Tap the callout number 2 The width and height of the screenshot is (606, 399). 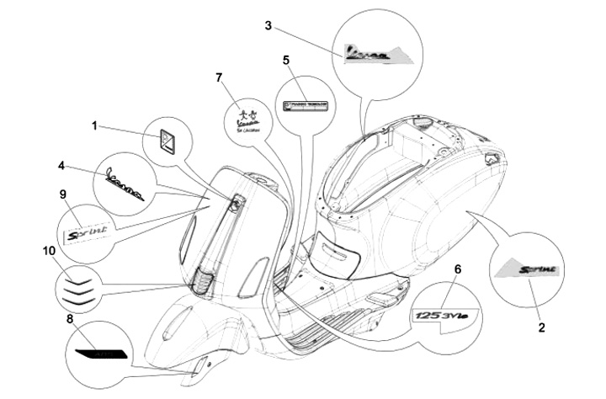(x=541, y=326)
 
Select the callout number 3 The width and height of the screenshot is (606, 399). (x=268, y=26)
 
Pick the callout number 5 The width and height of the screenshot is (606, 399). (x=286, y=61)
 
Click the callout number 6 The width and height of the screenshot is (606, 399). (x=456, y=269)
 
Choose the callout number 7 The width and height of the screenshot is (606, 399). (x=219, y=78)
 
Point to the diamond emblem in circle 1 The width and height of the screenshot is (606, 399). (x=167, y=138)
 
